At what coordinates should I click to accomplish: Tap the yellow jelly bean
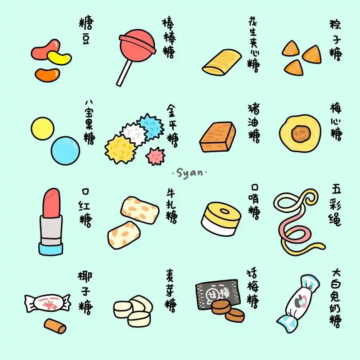[x=60, y=58]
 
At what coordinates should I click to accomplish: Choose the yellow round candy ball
[x=43, y=128]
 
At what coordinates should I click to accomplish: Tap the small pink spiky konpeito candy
[x=155, y=156]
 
